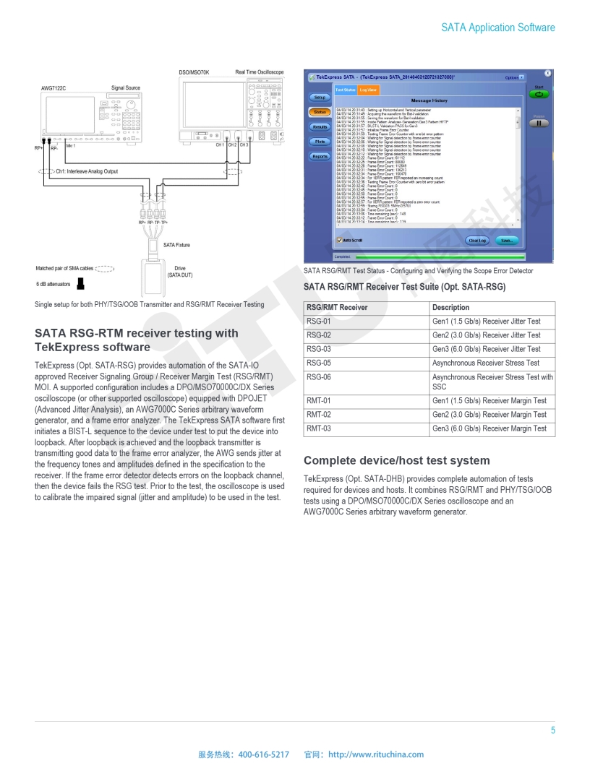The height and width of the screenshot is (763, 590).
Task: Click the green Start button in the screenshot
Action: point(539,95)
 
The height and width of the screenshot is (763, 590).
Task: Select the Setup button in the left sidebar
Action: point(319,97)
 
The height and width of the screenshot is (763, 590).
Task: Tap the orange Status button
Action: point(319,112)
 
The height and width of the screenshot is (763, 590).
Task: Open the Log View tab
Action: point(368,90)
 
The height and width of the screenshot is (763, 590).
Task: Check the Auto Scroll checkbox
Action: point(339,240)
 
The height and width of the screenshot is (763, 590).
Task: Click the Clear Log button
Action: point(477,240)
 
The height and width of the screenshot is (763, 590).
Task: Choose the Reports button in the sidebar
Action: point(319,157)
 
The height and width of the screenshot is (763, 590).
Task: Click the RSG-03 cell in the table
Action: point(319,349)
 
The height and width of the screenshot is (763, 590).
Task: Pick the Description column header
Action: point(450,308)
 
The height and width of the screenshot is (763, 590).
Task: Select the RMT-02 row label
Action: point(319,415)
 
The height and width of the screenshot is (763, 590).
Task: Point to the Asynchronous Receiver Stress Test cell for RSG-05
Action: point(485,363)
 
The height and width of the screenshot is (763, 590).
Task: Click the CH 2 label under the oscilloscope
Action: point(232,145)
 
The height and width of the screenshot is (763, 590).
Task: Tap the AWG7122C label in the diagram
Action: point(54,88)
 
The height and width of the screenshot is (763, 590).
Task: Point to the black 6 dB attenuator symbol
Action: point(81,283)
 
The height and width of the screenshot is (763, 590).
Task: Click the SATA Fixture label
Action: point(176,246)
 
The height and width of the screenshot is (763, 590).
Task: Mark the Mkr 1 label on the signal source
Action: point(70,146)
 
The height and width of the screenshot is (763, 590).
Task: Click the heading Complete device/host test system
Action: point(396,461)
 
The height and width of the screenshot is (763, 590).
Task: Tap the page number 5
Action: point(552,730)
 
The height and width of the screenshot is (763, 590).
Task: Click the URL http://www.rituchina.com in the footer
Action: point(376,754)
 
